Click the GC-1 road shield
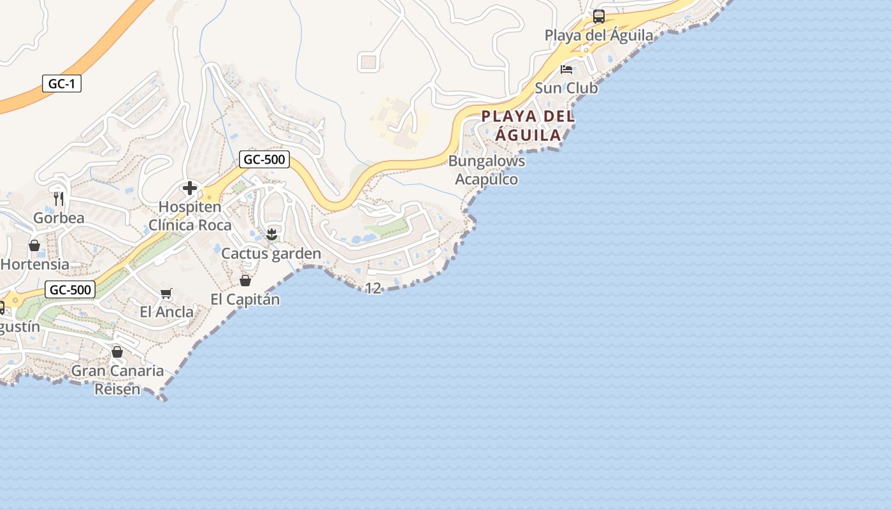tap(62, 84)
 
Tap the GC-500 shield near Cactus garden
tap(264, 159)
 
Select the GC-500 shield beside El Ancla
tap(70, 290)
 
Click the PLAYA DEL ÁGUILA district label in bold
tap(528, 126)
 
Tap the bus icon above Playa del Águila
tap(598, 17)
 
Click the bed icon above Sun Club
tap(566, 69)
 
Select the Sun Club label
tap(566, 88)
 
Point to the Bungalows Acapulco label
tap(487, 170)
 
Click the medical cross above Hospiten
tap(190, 188)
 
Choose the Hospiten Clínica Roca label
tap(190, 216)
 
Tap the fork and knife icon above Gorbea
tap(59, 199)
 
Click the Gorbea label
tap(59, 218)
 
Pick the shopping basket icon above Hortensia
tap(34, 245)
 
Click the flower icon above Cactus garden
tap(271, 235)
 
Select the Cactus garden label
tap(271, 254)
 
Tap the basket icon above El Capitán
tap(245, 280)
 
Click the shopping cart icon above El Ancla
tap(166, 293)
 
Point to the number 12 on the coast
tap(373, 288)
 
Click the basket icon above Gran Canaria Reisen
tap(117, 352)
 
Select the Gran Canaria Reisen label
tap(117, 379)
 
